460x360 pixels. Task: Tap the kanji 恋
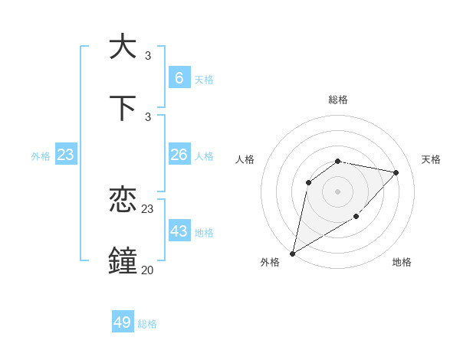click(123, 200)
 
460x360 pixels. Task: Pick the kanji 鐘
click(123, 260)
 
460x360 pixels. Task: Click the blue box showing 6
click(179, 78)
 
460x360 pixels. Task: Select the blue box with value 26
click(179, 155)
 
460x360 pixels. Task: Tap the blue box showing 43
click(179, 231)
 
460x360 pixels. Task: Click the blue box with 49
click(123, 322)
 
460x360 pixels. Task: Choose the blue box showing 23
click(65, 155)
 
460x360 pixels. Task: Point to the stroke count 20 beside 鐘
click(147, 270)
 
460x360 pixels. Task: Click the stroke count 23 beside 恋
click(148, 208)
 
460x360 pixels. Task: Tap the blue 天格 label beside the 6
click(203, 80)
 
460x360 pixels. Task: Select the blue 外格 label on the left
click(41, 156)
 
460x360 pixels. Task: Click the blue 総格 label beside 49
click(147, 324)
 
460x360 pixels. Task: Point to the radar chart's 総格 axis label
click(337, 100)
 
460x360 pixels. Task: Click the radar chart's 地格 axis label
click(402, 262)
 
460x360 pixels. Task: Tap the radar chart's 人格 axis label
click(245, 159)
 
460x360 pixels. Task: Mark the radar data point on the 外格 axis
click(292, 253)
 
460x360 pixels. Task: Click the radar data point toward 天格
click(396, 172)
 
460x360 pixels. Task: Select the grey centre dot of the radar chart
click(337, 191)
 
